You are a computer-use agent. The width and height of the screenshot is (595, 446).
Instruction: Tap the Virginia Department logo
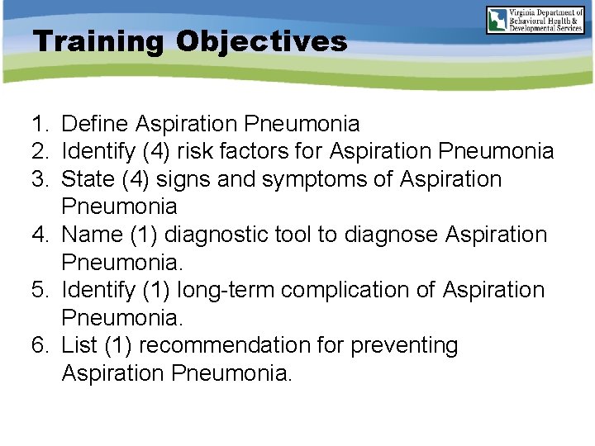(x=535, y=20)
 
